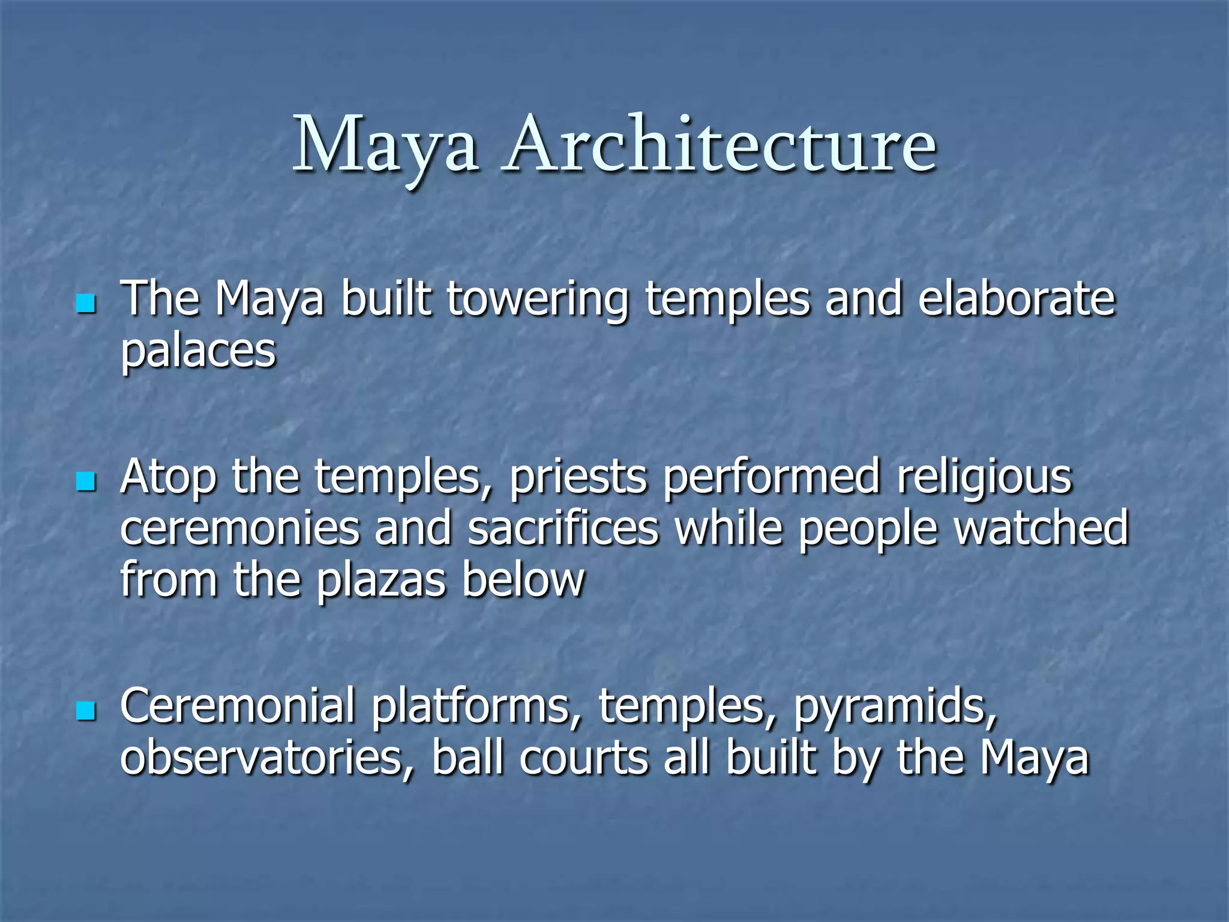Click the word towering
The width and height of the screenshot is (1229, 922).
point(537,300)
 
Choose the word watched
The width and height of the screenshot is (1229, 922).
point(1041,528)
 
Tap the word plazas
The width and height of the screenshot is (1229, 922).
point(381,581)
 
